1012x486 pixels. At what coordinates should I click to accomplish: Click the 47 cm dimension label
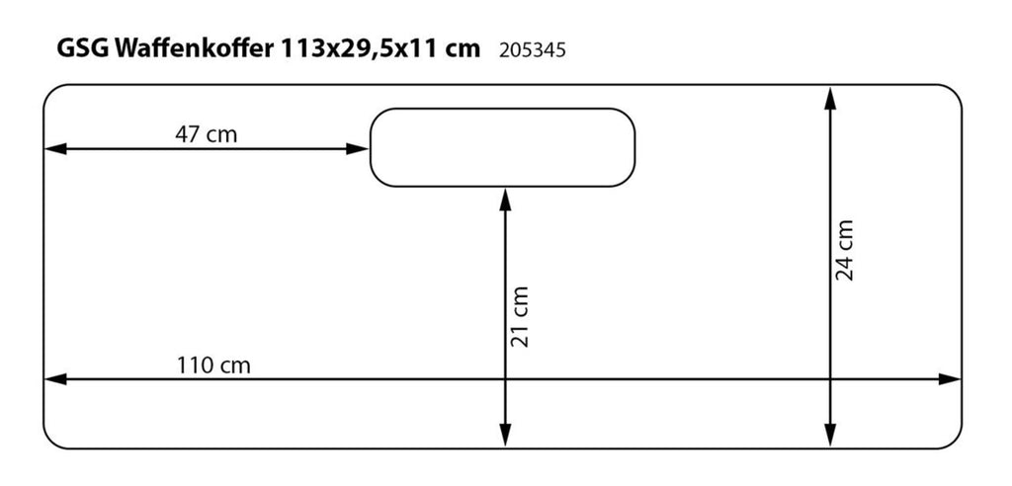pos(206,135)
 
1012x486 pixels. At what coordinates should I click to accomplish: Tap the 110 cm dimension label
pos(213,365)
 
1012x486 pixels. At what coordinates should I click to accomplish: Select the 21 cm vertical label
pos(520,316)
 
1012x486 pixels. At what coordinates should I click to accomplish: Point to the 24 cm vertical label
pos(845,250)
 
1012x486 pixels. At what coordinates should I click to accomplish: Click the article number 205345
pos(533,50)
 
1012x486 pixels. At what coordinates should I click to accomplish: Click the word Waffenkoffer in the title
pos(194,49)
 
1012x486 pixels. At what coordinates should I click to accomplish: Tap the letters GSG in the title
pos(83,49)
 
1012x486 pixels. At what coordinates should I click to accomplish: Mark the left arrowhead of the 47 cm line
pos(54,149)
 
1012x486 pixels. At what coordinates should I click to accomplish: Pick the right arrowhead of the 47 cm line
pos(357,149)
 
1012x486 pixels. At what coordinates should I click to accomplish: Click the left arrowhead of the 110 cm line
pos(54,379)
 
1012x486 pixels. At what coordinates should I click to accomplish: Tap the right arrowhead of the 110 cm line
pos(950,379)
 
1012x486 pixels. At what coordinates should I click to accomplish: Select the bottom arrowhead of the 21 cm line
pos(505,436)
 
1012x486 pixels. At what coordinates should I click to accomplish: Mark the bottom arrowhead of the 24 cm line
pos(830,436)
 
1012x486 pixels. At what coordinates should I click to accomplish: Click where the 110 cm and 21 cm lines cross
pos(505,379)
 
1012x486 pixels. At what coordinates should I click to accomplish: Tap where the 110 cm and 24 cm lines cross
pos(830,379)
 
